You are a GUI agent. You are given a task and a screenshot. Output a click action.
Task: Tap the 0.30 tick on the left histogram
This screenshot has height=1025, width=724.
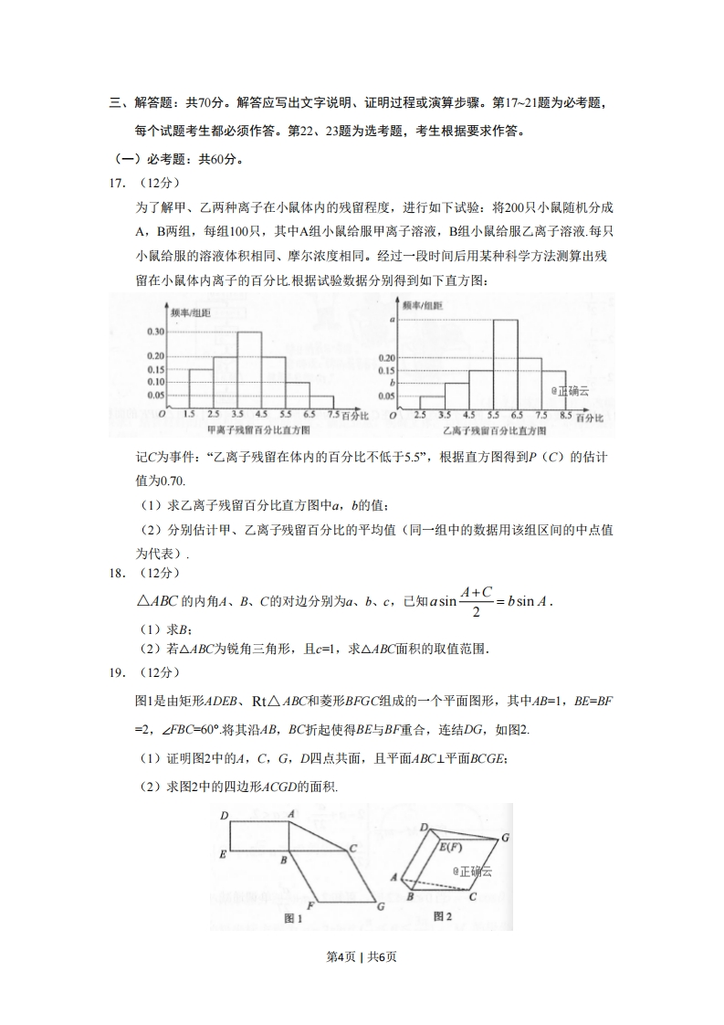154,332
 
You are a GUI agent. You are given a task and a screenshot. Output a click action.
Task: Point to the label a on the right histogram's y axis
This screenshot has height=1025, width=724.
391,321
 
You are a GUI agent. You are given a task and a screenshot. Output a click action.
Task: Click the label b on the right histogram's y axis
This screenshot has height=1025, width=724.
391,384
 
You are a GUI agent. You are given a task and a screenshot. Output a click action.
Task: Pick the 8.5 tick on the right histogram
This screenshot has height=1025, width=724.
566,416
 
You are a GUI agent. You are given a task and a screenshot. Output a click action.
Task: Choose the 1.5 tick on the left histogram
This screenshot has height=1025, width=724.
189,416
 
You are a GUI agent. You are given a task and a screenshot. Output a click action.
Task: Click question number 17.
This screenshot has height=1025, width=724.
117,183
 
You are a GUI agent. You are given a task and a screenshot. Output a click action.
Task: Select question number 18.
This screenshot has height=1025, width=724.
117,573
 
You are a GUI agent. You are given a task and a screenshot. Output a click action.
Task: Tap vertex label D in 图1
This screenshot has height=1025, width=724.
224,815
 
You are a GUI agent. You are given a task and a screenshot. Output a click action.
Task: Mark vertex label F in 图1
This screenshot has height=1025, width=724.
310,905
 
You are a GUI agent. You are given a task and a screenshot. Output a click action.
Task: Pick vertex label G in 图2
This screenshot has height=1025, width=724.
505,838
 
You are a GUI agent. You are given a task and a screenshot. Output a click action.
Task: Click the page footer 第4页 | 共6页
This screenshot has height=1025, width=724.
362,956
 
